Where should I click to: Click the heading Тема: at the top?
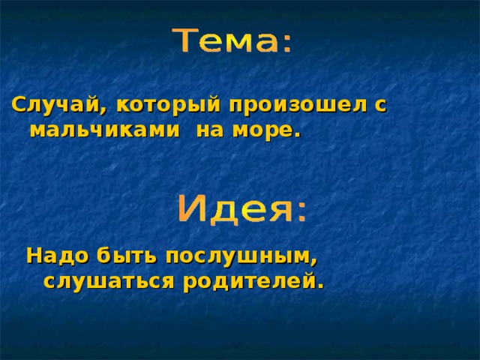click(234, 42)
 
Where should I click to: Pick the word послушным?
click(242, 256)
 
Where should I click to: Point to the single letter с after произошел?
click(379, 106)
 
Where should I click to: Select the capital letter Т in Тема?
click(186, 40)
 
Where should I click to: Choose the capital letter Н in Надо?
click(34, 256)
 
